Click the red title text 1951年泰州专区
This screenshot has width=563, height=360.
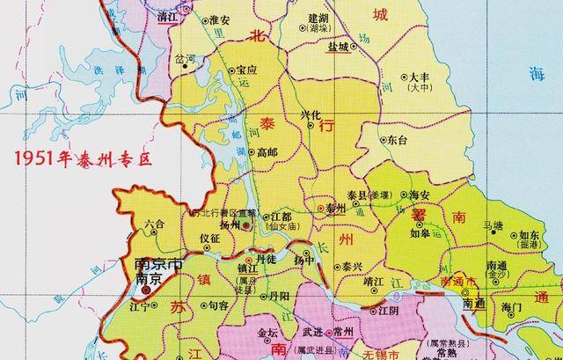point(77,160)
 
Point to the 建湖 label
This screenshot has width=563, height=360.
point(318,18)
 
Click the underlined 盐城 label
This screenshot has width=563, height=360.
point(337,48)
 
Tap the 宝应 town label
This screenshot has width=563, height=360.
point(246,70)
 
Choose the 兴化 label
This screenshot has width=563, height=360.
point(312,114)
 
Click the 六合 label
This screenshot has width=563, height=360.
point(155,224)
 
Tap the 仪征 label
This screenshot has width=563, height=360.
point(209,239)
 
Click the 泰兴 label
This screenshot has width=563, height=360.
point(352,265)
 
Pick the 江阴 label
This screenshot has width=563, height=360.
point(388,310)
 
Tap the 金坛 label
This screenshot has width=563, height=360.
point(267,333)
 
